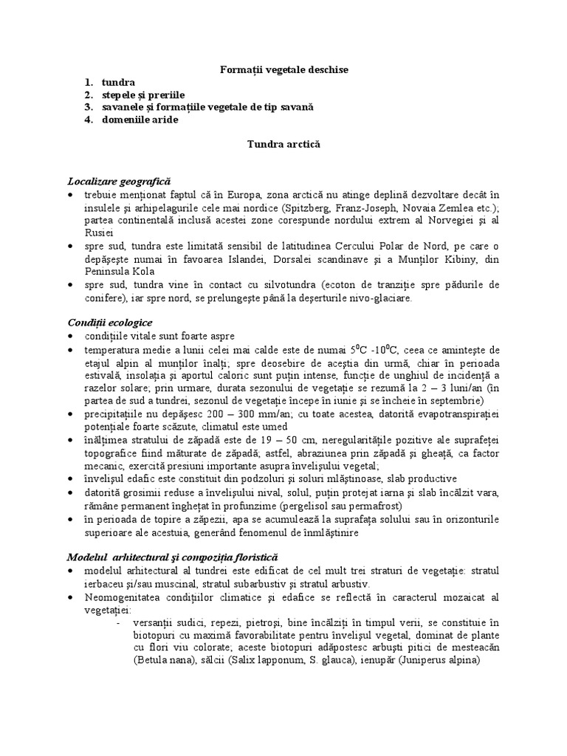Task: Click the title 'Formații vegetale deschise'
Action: click(x=284, y=69)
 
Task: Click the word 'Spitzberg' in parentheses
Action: click(x=337, y=207)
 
